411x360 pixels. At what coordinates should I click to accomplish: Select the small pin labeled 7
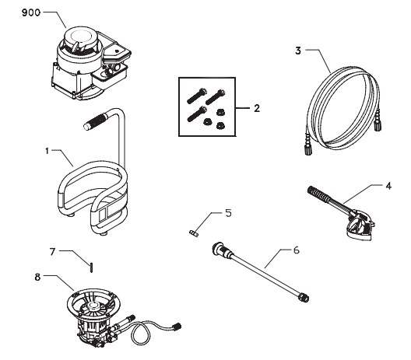click(91, 266)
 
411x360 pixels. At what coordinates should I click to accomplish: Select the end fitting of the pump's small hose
click(177, 327)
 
